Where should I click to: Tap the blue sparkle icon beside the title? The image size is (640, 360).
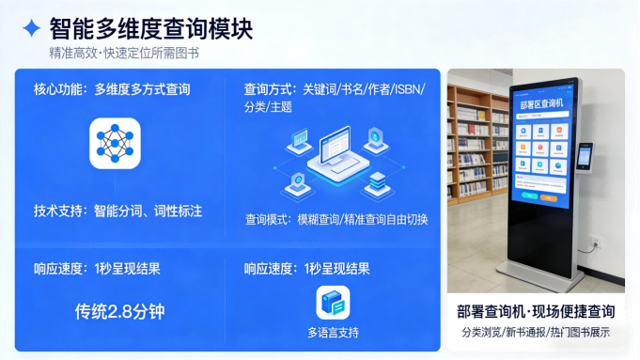click(32, 29)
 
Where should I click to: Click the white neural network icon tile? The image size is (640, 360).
click(115, 143)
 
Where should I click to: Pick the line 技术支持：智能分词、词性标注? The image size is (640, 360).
click(117, 211)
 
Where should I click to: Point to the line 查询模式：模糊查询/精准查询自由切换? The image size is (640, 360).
click(336, 219)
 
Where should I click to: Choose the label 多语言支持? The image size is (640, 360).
click(333, 333)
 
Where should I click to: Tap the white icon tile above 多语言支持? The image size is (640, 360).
click(333, 303)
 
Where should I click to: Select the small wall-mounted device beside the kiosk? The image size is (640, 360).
click(585, 156)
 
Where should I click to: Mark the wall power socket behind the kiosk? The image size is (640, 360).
click(593, 246)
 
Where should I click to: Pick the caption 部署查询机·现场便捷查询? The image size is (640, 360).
click(536, 311)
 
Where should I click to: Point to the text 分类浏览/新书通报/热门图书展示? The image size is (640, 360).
click(536, 333)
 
